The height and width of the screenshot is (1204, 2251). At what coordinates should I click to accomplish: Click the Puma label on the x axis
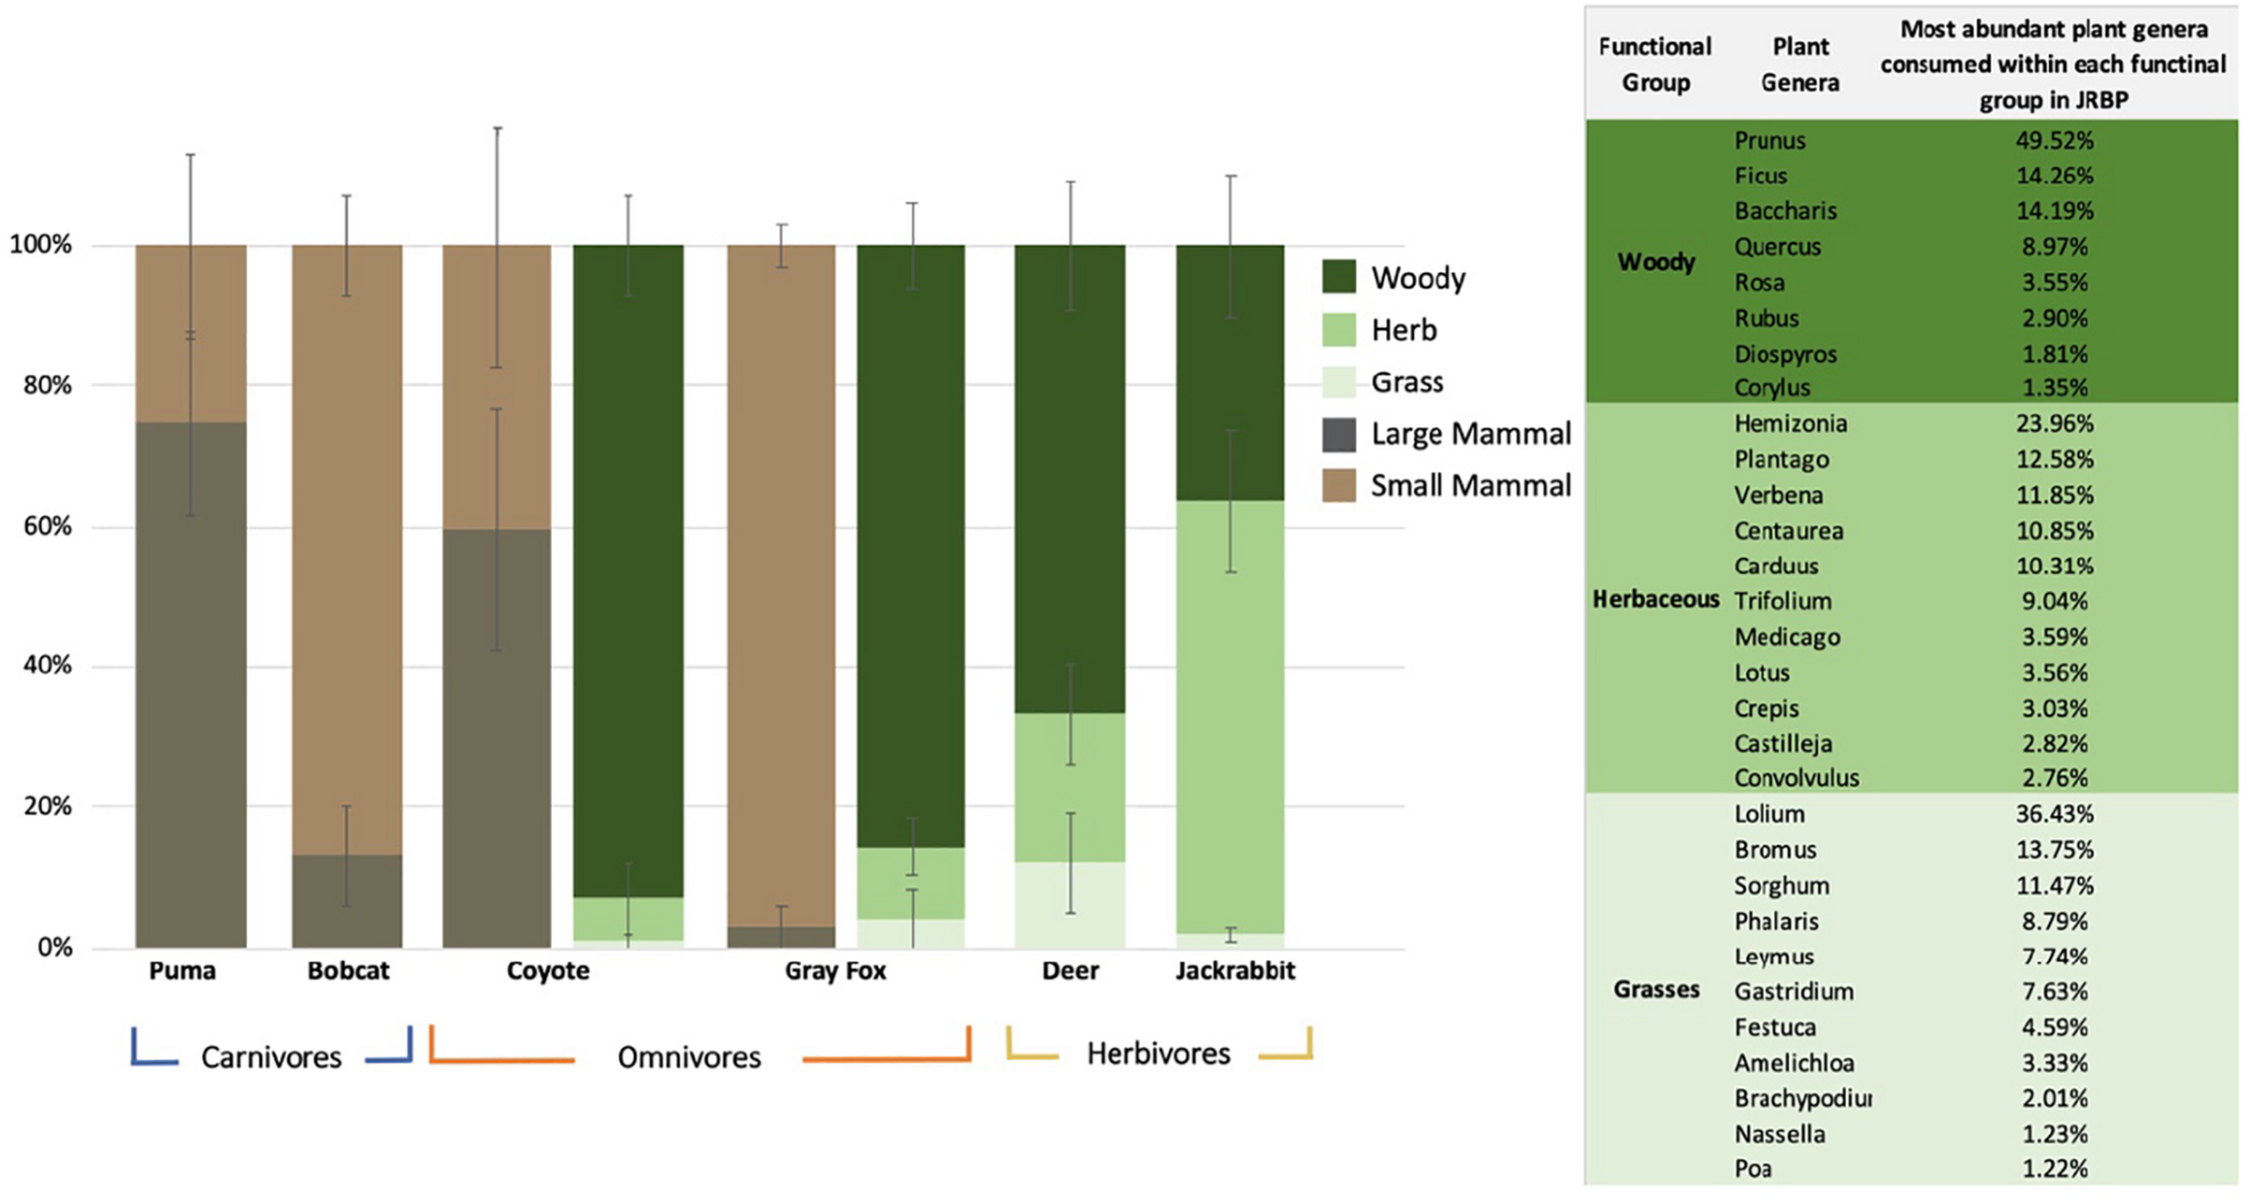[182, 971]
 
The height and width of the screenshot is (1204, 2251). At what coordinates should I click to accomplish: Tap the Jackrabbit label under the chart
[1234, 971]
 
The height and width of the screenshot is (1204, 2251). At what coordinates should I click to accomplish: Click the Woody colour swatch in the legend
[1338, 277]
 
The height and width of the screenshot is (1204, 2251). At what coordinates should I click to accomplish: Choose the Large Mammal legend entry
[1469, 434]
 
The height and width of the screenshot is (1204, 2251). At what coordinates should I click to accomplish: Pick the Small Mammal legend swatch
[1338, 486]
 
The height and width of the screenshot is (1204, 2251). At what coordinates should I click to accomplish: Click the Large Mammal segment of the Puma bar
[191, 684]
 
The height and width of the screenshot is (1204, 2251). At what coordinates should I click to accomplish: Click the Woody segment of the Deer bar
[1070, 477]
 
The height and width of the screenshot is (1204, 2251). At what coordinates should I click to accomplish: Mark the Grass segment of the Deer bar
[1070, 904]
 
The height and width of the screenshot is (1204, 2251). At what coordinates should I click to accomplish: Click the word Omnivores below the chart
[689, 1057]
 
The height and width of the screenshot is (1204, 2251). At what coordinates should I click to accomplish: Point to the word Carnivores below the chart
[271, 1057]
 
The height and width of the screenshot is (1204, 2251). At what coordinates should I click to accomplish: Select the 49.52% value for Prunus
[2054, 140]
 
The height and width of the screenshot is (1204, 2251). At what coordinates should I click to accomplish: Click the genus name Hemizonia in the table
[1790, 423]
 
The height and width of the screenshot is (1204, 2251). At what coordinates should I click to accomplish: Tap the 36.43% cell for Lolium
[2054, 814]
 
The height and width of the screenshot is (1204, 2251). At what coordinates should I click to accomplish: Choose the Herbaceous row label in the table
[1655, 600]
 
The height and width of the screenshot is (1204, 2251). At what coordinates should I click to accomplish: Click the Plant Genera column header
[1799, 65]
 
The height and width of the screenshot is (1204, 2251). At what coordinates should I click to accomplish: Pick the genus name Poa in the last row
[1752, 1169]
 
